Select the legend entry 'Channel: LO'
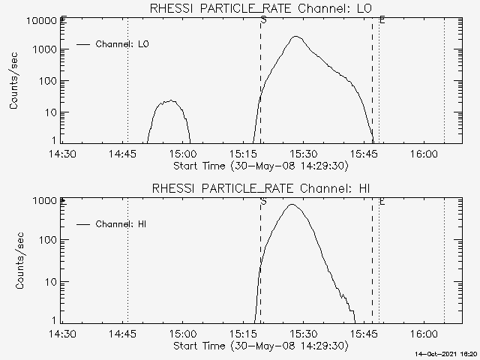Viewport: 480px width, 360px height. (124, 44)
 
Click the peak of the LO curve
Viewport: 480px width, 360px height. (295, 36)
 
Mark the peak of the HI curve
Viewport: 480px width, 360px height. (292, 205)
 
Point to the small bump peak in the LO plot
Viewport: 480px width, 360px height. (171, 100)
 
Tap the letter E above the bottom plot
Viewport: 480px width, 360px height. (382, 201)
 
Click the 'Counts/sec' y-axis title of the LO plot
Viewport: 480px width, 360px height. (14, 81)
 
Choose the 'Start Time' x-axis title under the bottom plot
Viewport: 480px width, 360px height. (260, 346)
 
